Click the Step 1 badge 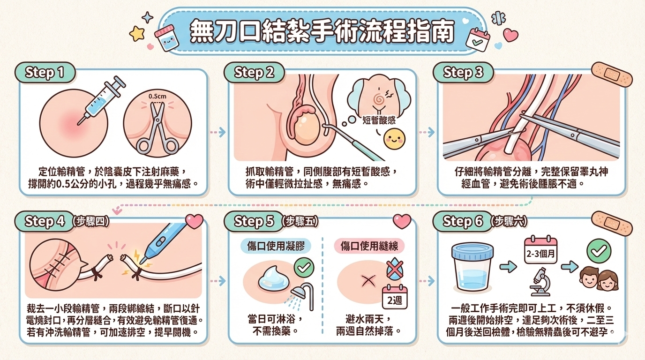[x=45, y=72]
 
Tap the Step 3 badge [x=463, y=72]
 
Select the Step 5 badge [x=254, y=221]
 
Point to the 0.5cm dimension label [x=157, y=96]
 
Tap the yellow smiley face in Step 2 [x=395, y=139]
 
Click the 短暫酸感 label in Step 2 [x=379, y=120]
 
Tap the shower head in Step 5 [x=302, y=295]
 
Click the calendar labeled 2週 [x=395, y=297]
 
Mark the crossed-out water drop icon [x=395, y=269]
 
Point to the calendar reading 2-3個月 [x=540, y=250]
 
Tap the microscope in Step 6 [x=540, y=282]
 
